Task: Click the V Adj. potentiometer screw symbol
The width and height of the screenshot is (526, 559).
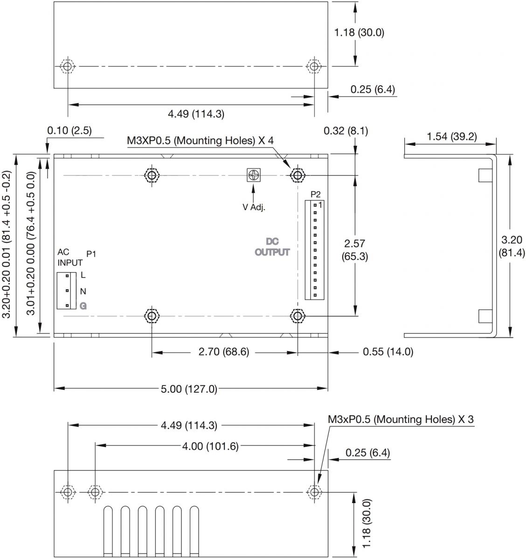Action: (253, 175)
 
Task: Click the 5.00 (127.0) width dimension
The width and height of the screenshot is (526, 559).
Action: (189, 389)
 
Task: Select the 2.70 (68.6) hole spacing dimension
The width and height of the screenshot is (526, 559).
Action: (224, 352)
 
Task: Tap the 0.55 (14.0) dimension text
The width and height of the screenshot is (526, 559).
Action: (388, 352)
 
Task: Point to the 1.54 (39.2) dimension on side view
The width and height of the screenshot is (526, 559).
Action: (451, 136)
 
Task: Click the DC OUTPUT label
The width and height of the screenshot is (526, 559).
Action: (272, 247)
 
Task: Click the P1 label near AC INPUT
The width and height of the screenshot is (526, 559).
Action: (91, 254)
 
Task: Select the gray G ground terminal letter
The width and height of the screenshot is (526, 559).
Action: (83, 306)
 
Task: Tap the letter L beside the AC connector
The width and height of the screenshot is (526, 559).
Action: (83, 275)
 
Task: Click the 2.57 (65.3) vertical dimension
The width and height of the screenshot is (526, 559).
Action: (354, 250)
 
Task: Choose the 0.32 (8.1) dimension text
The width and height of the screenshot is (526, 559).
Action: (346, 131)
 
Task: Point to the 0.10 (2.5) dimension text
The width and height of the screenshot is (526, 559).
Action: (69, 131)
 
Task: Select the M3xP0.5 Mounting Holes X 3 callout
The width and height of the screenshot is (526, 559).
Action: (401, 419)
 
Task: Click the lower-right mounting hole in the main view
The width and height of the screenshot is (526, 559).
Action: (298, 316)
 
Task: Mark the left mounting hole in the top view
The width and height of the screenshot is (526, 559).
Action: (68, 66)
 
